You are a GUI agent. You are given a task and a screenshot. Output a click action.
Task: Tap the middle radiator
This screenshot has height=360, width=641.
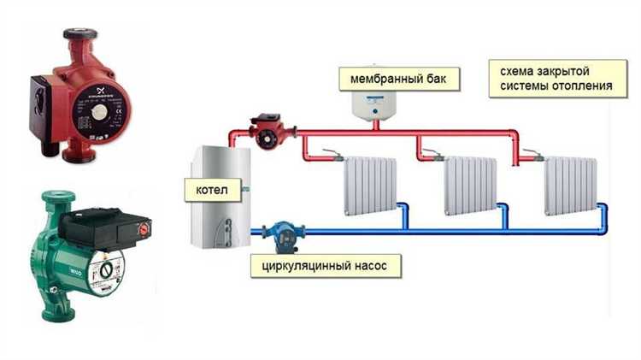tap(468, 185)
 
